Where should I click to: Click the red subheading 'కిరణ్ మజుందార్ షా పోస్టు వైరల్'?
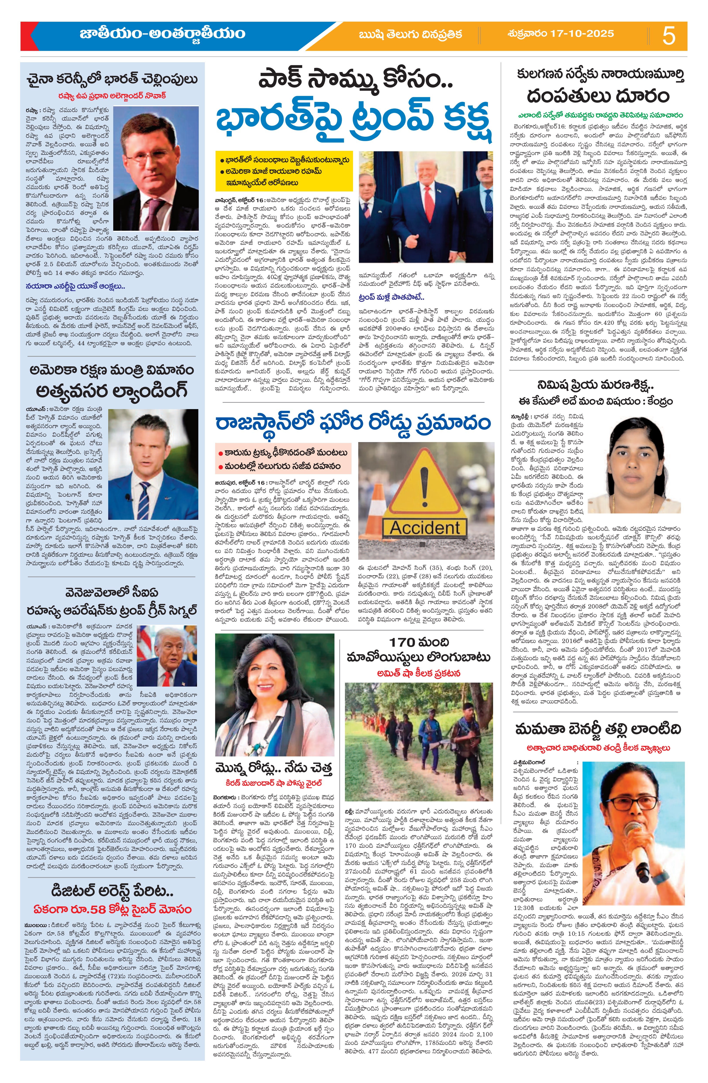tap(274, 783)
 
